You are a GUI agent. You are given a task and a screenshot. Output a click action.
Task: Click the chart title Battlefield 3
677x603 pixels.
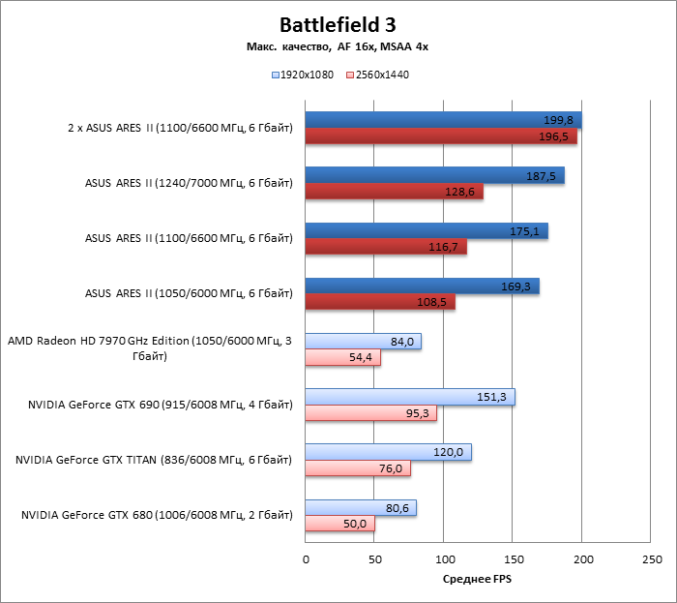click(338, 24)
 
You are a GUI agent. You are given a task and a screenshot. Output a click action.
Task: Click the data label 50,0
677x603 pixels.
click(355, 524)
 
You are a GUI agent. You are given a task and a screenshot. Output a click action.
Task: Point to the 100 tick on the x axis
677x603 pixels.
click(444, 559)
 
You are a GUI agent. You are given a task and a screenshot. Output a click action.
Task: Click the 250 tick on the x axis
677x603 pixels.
click(652, 559)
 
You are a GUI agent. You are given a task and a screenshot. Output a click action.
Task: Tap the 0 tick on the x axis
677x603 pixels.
click(306, 559)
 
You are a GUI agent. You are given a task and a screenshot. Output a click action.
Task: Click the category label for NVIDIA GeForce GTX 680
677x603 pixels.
click(156, 516)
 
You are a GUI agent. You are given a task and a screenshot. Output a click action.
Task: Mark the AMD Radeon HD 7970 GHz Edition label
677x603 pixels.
click(149, 348)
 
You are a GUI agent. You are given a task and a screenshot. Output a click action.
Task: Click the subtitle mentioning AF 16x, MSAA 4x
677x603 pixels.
click(338, 46)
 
